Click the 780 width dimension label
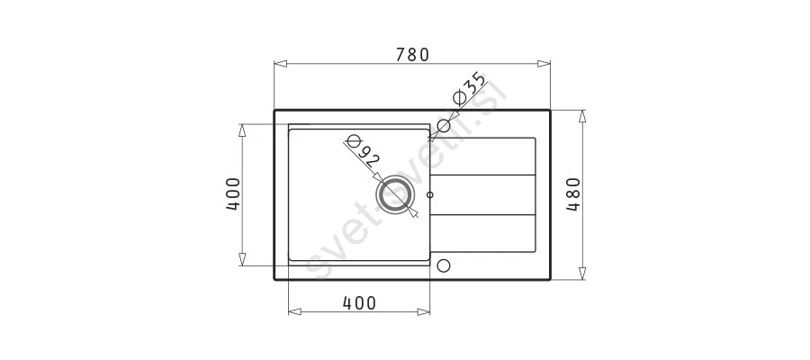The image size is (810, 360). point(413,54)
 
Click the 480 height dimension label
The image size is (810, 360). point(573,194)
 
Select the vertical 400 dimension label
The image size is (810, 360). point(233,194)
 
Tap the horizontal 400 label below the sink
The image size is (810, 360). point(359,302)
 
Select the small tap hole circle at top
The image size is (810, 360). point(444,125)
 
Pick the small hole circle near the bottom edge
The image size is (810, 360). point(444,265)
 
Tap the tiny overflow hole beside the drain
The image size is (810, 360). point(430,195)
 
